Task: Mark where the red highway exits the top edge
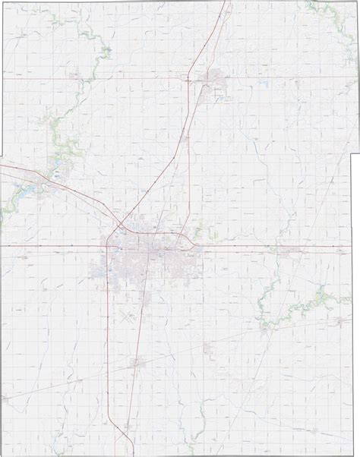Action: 228,2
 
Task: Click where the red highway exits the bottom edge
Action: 125,454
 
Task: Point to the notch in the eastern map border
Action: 352,156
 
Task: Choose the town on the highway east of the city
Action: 288,250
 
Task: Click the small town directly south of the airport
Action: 136,363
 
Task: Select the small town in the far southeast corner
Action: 315,430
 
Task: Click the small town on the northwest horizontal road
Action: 74,75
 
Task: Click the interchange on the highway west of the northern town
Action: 188,78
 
